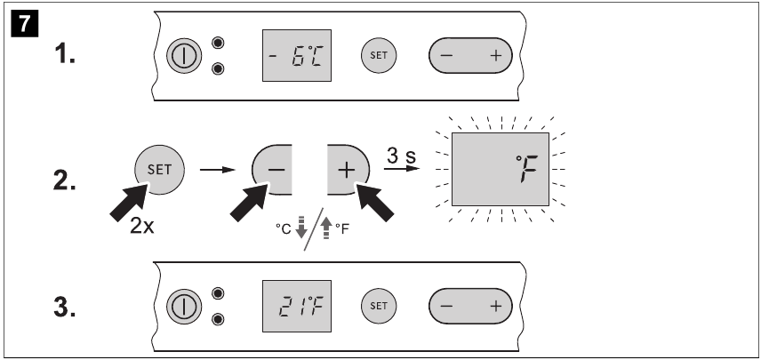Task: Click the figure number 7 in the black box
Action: pos(24,24)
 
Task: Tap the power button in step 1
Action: pos(184,56)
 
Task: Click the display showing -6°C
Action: pos(297,55)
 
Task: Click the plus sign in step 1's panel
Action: pos(495,56)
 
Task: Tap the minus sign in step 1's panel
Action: pos(446,56)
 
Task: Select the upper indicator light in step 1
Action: pos(219,43)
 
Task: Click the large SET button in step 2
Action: pos(159,169)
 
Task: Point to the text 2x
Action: pos(141,226)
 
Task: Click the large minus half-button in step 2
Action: pos(272,169)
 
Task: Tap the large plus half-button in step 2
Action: pos(348,169)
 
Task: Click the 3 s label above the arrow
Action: pos(401,156)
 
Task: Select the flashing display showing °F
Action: pos(501,169)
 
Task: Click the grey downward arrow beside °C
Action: pos(301,227)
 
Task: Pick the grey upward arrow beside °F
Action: pos(326,227)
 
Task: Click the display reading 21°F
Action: pos(297,306)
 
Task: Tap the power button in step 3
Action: pos(184,307)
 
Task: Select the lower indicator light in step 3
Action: pos(219,319)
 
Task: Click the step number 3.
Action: pos(65,308)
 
